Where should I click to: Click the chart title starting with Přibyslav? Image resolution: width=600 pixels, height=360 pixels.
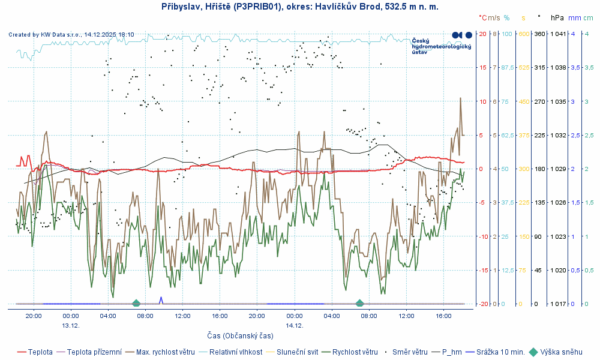(x=300, y=7)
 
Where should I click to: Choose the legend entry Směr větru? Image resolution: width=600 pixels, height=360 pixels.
(x=410, y=352)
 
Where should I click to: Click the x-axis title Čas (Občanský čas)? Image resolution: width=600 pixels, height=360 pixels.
(x=240, y=335)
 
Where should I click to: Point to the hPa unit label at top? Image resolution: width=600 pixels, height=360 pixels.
(x=557, y=18)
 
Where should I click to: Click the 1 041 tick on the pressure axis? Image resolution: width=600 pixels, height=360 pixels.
(x=558, y=34)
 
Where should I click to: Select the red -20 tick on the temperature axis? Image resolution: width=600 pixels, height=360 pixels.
(x=482, y=304)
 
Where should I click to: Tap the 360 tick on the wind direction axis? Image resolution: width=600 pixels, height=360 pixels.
(x=539, y=34)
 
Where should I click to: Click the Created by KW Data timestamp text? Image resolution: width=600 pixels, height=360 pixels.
(x=71, y=35)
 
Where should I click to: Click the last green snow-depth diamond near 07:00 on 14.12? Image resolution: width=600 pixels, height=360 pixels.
(x=359, y=304)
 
